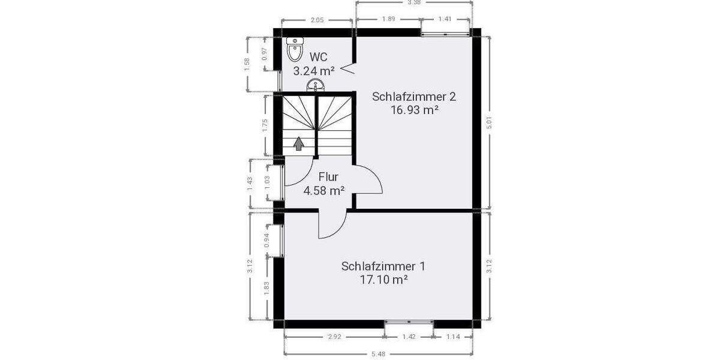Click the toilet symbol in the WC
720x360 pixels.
tap(294, 50)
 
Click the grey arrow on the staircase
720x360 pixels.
tap(298, 143)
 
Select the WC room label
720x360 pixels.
tap(319, 57)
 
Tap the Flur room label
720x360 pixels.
tap(328, 177)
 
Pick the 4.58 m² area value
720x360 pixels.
tap(323, 191)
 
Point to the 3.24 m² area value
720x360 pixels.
tap(313, 71)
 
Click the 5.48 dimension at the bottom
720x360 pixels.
tap(379, 354)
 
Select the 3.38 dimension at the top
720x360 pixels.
tap(413, 3)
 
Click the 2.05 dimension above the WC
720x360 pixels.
tap(317, 20)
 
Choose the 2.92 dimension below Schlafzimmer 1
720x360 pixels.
tap(334, 337)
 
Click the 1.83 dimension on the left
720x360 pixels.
tap(265, 289)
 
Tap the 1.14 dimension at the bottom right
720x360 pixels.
tap(453, 337)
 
